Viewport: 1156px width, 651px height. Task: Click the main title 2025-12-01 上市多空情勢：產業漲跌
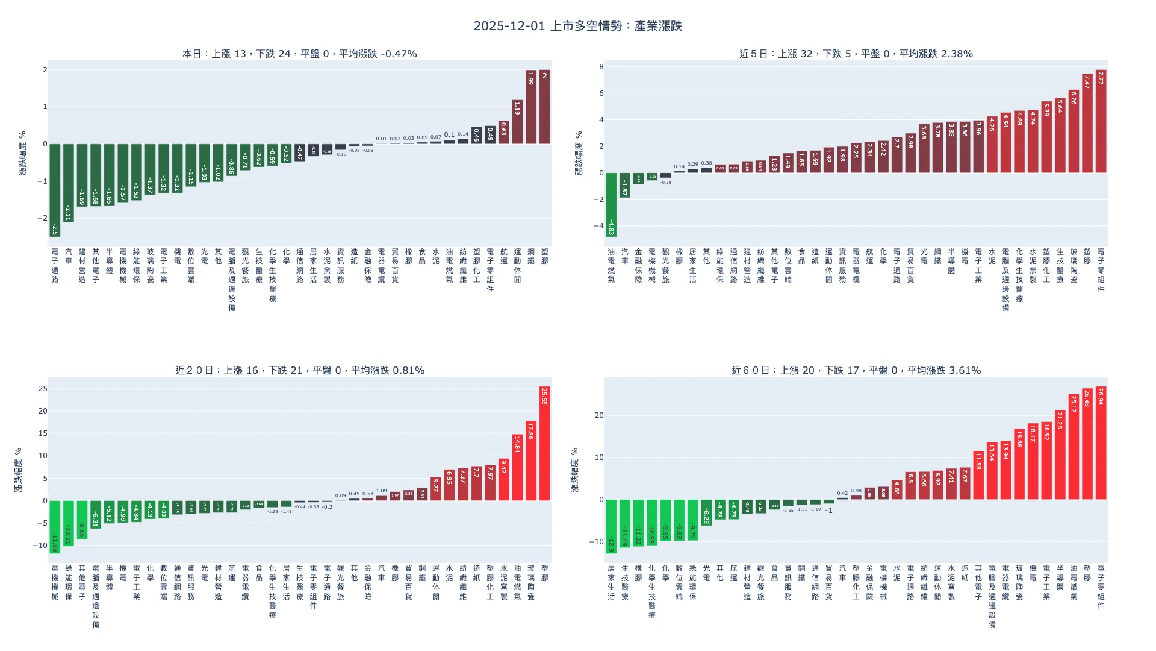pyautogui.click(x=577, y=26)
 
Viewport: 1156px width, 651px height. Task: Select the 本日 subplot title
pyautogui.click(x=299, y=54)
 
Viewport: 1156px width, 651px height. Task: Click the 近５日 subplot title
pyautogui.click(x=856, y=54)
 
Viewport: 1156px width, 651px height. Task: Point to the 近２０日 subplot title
pyautogui.click(x=299, y=370)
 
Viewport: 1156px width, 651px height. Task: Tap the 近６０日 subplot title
pyautogui.click(x=856, y=370)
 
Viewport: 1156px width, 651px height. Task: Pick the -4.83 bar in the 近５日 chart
pyautogui.click(x=611, y=204)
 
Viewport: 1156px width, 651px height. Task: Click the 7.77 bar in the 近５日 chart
pyautogui.click(x=1101, y=121)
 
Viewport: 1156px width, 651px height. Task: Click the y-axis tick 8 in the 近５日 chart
pyautogui.click(x=601, y=67)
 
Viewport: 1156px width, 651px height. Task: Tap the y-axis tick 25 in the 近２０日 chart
pyautogui.click(x=43, y=389)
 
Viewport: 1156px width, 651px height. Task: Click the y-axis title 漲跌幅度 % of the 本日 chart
pyautogui.click(x=22, y=153)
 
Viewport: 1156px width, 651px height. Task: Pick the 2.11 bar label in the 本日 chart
pyautogui.click(x=68, y=213)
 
